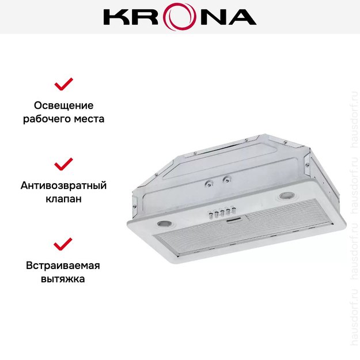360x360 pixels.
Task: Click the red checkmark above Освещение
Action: (63, 85)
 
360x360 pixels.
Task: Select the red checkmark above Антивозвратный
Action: (63, 164)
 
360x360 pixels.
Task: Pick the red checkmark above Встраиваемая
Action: (63, 244)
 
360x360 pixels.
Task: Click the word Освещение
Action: (63, 106)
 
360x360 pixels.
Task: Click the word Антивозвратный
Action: (63, 185)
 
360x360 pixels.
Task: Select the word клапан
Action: (63, 199)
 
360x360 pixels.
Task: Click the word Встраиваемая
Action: (63, 266)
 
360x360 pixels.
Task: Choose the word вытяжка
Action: (63, 279)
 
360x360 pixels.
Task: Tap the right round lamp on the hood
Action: (286, 197)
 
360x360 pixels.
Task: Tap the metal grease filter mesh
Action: (230, 236)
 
